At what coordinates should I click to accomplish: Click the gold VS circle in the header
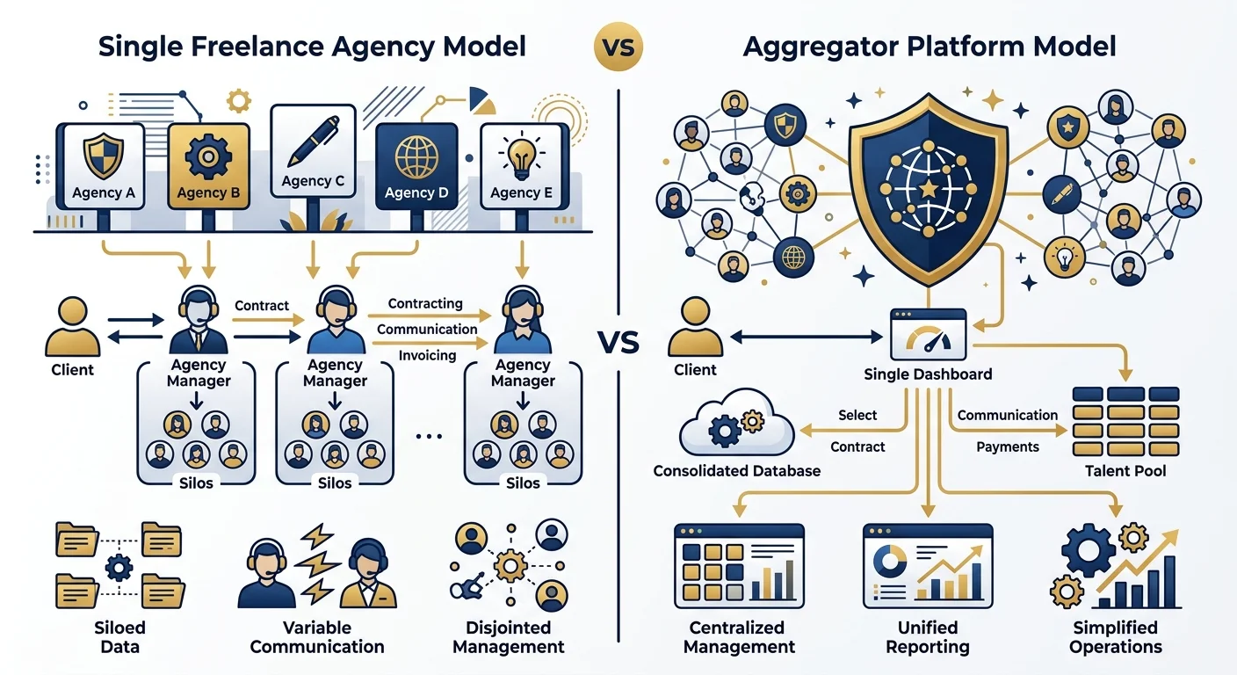618,47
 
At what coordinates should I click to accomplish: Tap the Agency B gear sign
208,166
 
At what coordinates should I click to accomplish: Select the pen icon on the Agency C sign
313,141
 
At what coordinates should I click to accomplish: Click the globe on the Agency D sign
416,156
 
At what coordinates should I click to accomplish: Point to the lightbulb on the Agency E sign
521,157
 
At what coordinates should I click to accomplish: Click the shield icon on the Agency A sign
104,157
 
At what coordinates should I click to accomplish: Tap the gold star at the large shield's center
929,190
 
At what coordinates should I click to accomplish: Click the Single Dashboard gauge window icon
929,335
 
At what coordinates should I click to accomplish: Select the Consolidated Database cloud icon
737,423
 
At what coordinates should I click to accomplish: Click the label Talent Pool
1125,470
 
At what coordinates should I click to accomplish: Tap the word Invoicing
428,355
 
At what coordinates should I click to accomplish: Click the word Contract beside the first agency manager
262,306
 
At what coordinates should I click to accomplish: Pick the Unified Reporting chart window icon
928,566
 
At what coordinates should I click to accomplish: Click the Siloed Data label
119,637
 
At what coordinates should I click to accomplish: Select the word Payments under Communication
1008,446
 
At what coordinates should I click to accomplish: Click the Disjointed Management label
508,637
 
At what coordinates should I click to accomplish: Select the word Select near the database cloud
857,415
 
